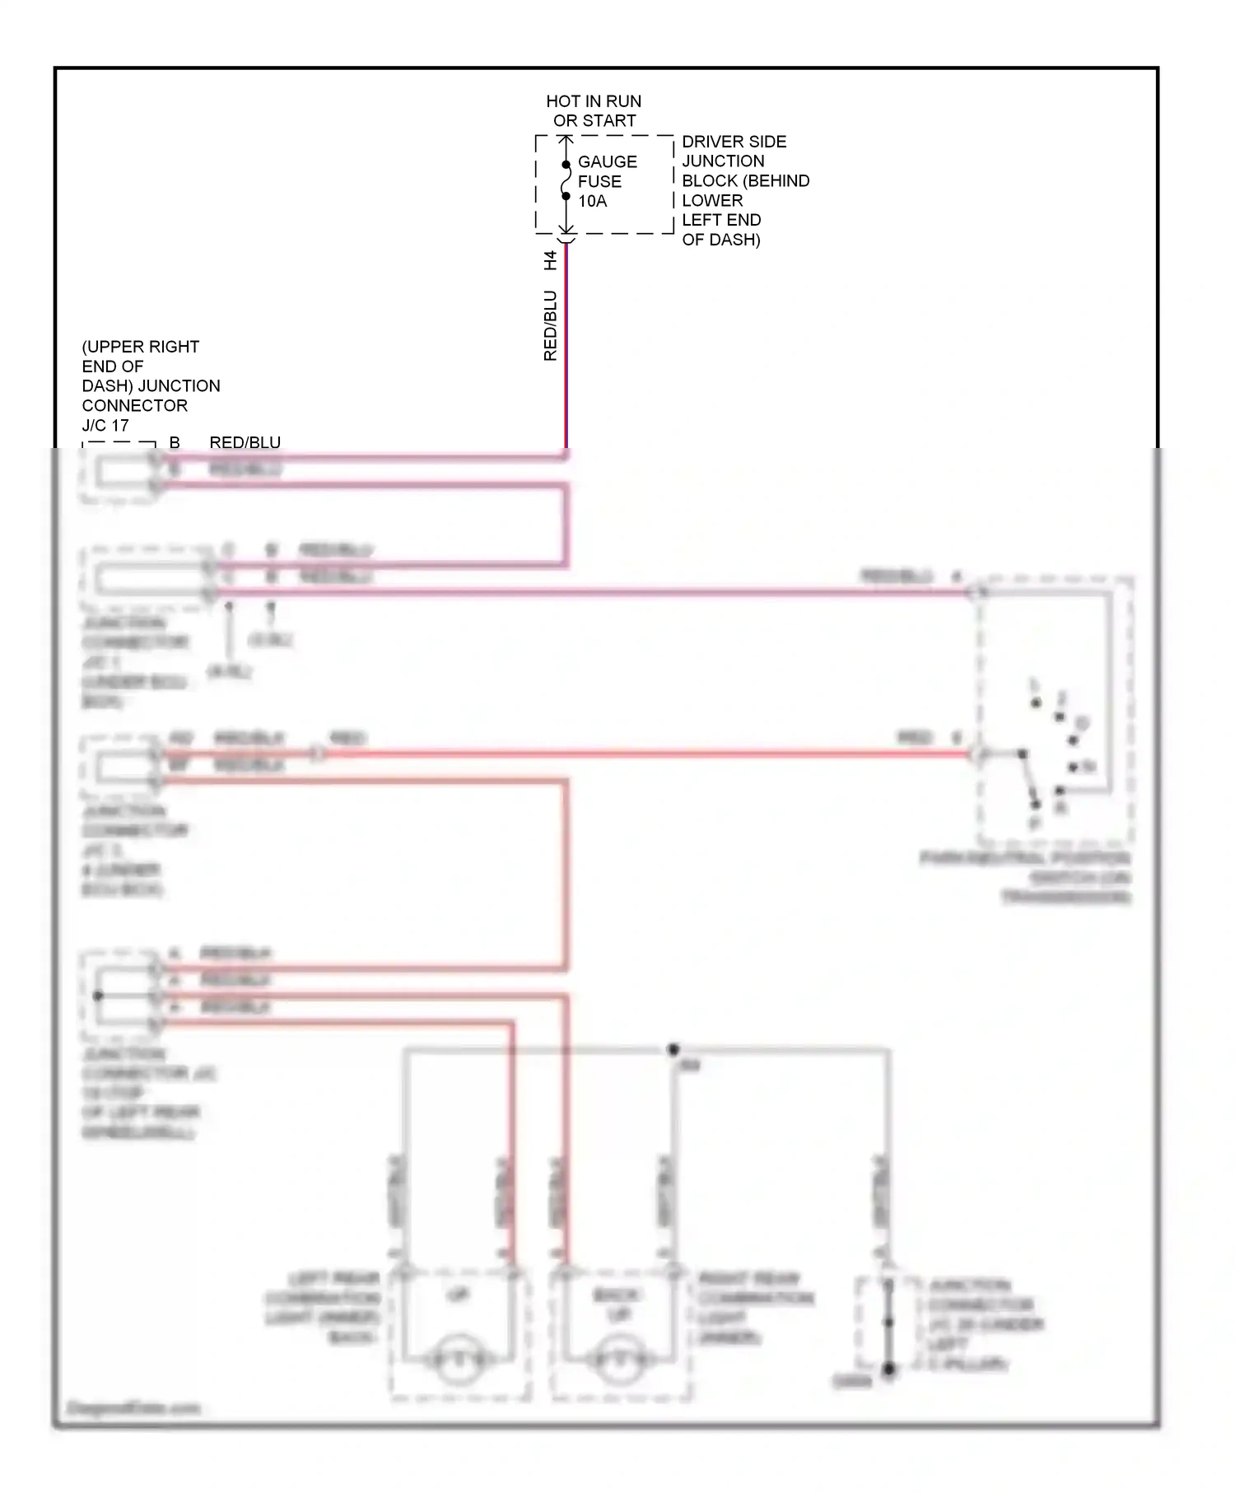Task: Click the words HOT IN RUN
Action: pos(594,101)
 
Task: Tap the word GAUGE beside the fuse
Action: pos(608,162)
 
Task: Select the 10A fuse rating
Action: pos(592,201)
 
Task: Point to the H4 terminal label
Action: pos(551,260)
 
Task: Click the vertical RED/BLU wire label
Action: pos(551,325)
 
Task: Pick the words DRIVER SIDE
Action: pos(734,142)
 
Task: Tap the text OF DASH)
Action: pos(720,240)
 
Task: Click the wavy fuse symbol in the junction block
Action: pos(566,180)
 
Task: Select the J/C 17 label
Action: pos(105,425)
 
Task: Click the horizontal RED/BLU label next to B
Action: pos(245,443)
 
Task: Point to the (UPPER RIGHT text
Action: pos(140,347)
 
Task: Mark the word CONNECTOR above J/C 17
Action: pos(134,405)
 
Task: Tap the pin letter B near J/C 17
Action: pos(175,443)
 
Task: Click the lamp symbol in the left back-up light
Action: pos(459,1362)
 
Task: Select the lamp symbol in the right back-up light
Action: pos(619,1362)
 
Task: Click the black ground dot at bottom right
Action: pos(888,1370)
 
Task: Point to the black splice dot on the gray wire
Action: pos(673,1049)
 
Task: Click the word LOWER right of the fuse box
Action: pos(712,201)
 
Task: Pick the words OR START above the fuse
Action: pos(594,121)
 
